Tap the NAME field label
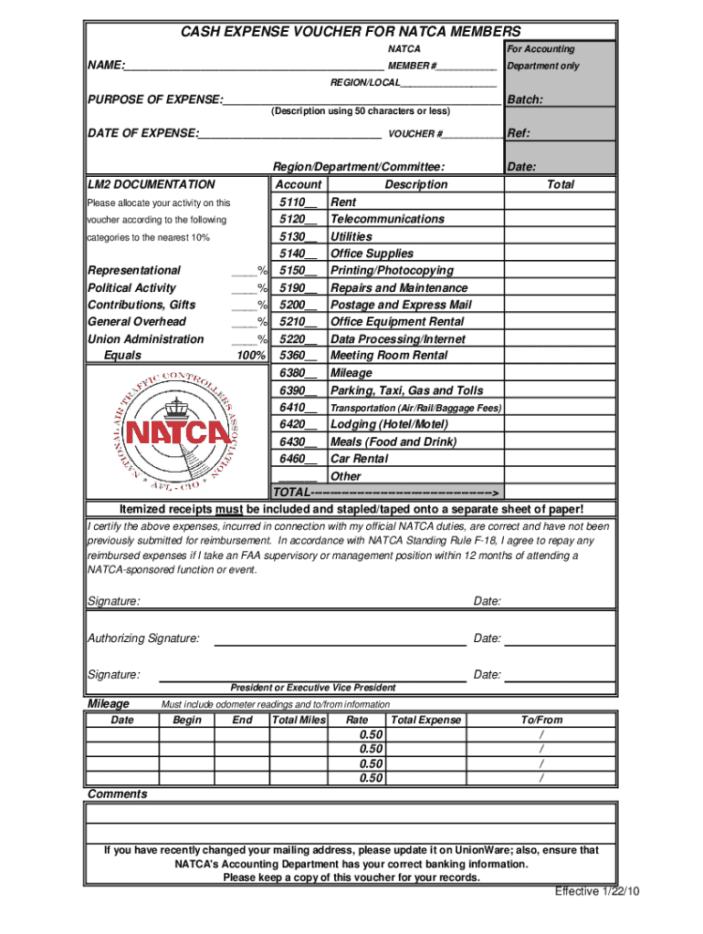tap(105, 67)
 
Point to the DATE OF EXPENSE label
tap(142, 133)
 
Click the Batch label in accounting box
tap(526, 100)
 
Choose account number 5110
tap(297, 202)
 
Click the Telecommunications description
tap(387, 219)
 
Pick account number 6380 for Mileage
tap(297, 373)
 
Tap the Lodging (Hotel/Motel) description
tap(389, 424)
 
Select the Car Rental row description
tap(359, 459)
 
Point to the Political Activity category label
tap(131, 288)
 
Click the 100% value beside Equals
tap(250, 356)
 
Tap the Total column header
tap(560, 184)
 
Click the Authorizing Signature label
tap(143, 638)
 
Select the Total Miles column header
tap(299, 721)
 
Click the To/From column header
tap(542, 721)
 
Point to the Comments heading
tap(117, 794)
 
